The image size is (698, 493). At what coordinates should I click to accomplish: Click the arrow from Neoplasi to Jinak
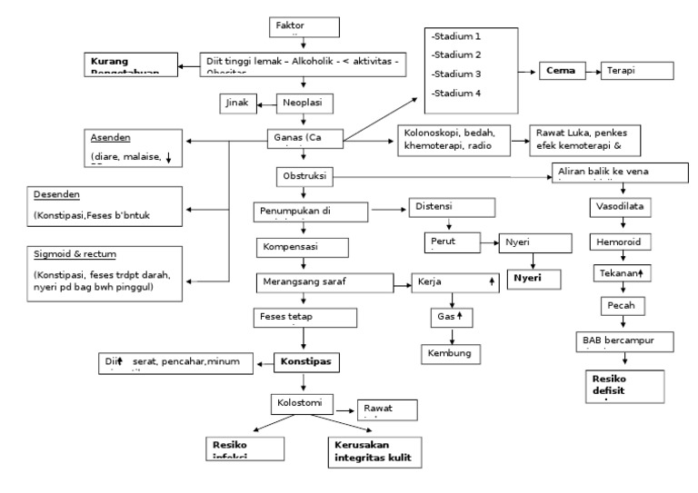[266, 104]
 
